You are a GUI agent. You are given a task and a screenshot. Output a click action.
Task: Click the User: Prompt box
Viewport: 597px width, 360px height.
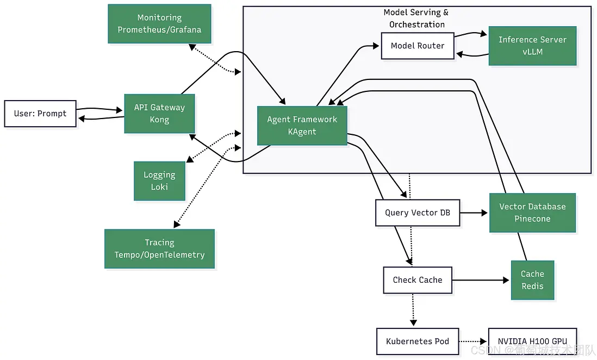coord(40,114)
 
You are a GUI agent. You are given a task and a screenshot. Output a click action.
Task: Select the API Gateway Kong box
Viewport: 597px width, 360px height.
coord(159,114)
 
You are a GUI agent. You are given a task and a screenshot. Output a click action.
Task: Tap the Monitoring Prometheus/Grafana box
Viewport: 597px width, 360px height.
coord(159,24)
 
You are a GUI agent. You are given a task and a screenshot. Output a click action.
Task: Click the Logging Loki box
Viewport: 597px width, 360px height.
coord(159,181)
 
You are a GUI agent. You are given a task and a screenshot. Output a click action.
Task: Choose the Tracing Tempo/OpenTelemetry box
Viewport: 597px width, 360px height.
coord(159,249)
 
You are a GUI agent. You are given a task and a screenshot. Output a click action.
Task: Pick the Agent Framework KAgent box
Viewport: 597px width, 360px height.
coord(302,126)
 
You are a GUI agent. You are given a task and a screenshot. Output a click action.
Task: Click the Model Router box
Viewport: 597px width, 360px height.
coord(418,46)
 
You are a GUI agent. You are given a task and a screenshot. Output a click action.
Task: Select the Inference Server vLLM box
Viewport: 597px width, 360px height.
coord(532,46)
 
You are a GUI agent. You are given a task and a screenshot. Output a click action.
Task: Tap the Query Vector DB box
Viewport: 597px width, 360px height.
coord(418,213)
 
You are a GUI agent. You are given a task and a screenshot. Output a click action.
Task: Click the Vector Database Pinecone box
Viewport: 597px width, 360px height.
coord(532,213)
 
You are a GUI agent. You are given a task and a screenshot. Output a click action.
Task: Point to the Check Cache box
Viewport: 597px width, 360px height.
coord(418,280)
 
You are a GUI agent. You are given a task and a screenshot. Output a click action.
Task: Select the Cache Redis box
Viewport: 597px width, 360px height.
coord(532,280)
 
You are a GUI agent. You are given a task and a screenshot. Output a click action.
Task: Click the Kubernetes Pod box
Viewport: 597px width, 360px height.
coord(418,342)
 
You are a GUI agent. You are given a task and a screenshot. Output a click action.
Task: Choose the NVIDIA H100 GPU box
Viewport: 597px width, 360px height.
coord(532,342)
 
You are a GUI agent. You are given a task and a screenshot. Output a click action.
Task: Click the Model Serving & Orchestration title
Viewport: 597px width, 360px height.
coord(416,18)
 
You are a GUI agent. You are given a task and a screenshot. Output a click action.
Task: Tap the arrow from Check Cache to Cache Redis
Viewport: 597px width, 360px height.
coord(481,280)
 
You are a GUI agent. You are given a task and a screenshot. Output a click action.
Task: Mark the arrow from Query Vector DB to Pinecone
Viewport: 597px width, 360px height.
coord(474,213)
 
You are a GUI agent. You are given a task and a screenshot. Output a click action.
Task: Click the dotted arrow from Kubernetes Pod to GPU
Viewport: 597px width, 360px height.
coord(473,342)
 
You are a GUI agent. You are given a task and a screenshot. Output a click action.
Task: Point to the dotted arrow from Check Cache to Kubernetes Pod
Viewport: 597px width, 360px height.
coord(413,310)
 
